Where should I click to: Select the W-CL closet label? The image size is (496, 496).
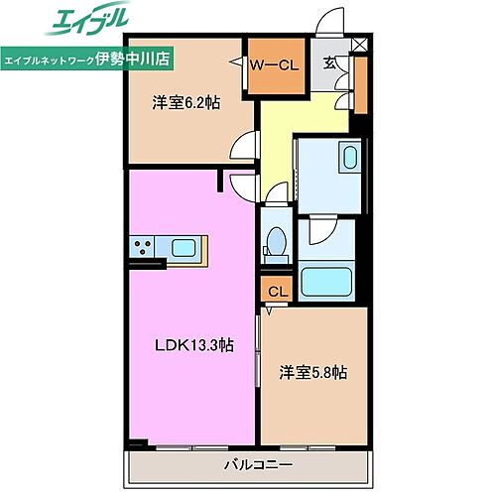[273, 66]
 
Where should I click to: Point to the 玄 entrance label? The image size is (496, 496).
[328, 63]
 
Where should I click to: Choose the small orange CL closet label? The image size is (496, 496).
[277, 291]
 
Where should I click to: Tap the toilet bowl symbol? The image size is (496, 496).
[277, 242]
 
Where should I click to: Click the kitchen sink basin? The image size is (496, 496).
[186, 247]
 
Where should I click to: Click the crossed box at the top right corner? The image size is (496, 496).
[358, 45]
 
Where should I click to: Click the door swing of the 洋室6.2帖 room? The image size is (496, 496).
[241, 148]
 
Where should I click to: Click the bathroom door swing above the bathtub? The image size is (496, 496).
[319, 231]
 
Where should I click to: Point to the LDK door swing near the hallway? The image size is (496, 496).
[241, 182]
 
